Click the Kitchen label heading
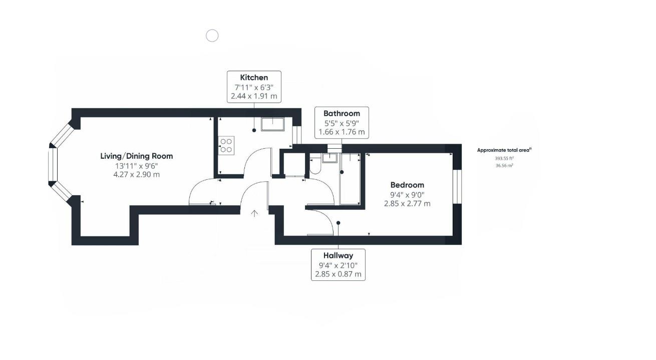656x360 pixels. (254, 78)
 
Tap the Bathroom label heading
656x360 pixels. (342, 113)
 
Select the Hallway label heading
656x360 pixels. (338, 256)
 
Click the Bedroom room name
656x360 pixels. (407, 185)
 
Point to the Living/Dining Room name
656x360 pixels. (137, 156)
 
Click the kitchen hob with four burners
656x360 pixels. (226, 146)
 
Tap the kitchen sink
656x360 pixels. (272, 124)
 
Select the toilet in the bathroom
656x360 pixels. (315, 167)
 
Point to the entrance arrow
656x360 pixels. (254, 213)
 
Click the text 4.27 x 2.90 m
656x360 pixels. (137, 175)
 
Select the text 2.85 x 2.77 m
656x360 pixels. (407, 204)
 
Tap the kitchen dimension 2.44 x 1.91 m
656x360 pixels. (254, 96)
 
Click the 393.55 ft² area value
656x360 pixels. (504, 159)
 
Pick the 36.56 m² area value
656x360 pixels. (504, 166)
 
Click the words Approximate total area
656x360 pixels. (503, 150)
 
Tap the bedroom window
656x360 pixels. (457, 186)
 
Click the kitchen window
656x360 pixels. (297, 135)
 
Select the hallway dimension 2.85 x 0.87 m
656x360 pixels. (338, 274)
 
